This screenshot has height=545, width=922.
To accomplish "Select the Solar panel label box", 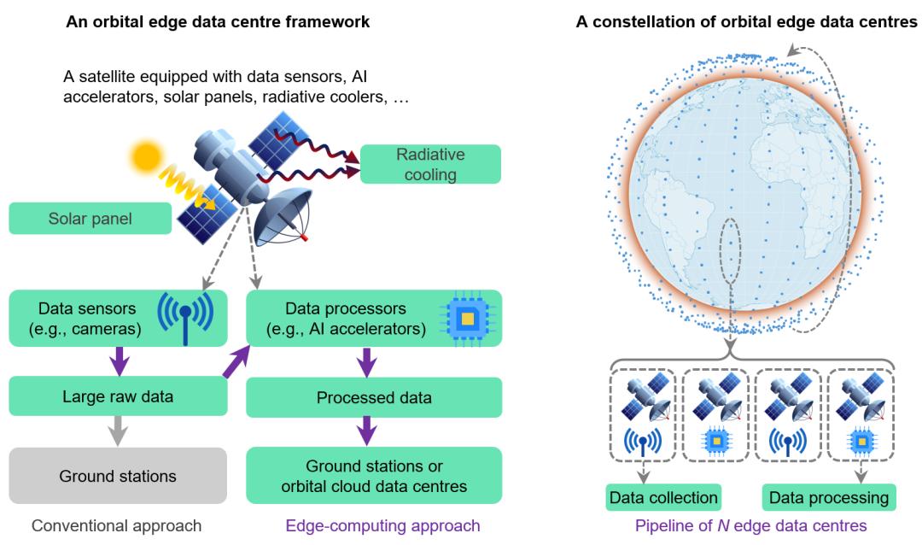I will click(90, 219).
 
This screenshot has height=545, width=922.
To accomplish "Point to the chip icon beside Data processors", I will click(466, 318).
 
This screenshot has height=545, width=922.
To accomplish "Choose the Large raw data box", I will click(118, 397).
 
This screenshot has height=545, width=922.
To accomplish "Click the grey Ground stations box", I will click(118, 476).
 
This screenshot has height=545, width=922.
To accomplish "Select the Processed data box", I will click(374, 397).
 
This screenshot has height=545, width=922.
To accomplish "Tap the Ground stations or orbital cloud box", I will click(374, 476).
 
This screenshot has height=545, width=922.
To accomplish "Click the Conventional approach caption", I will click(117, 525).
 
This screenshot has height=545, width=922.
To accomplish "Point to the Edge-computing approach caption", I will click(374, 525).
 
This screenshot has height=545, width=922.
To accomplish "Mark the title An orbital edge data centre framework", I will click(218, 22).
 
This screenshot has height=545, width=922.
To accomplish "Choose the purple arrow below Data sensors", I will click(118, 360).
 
